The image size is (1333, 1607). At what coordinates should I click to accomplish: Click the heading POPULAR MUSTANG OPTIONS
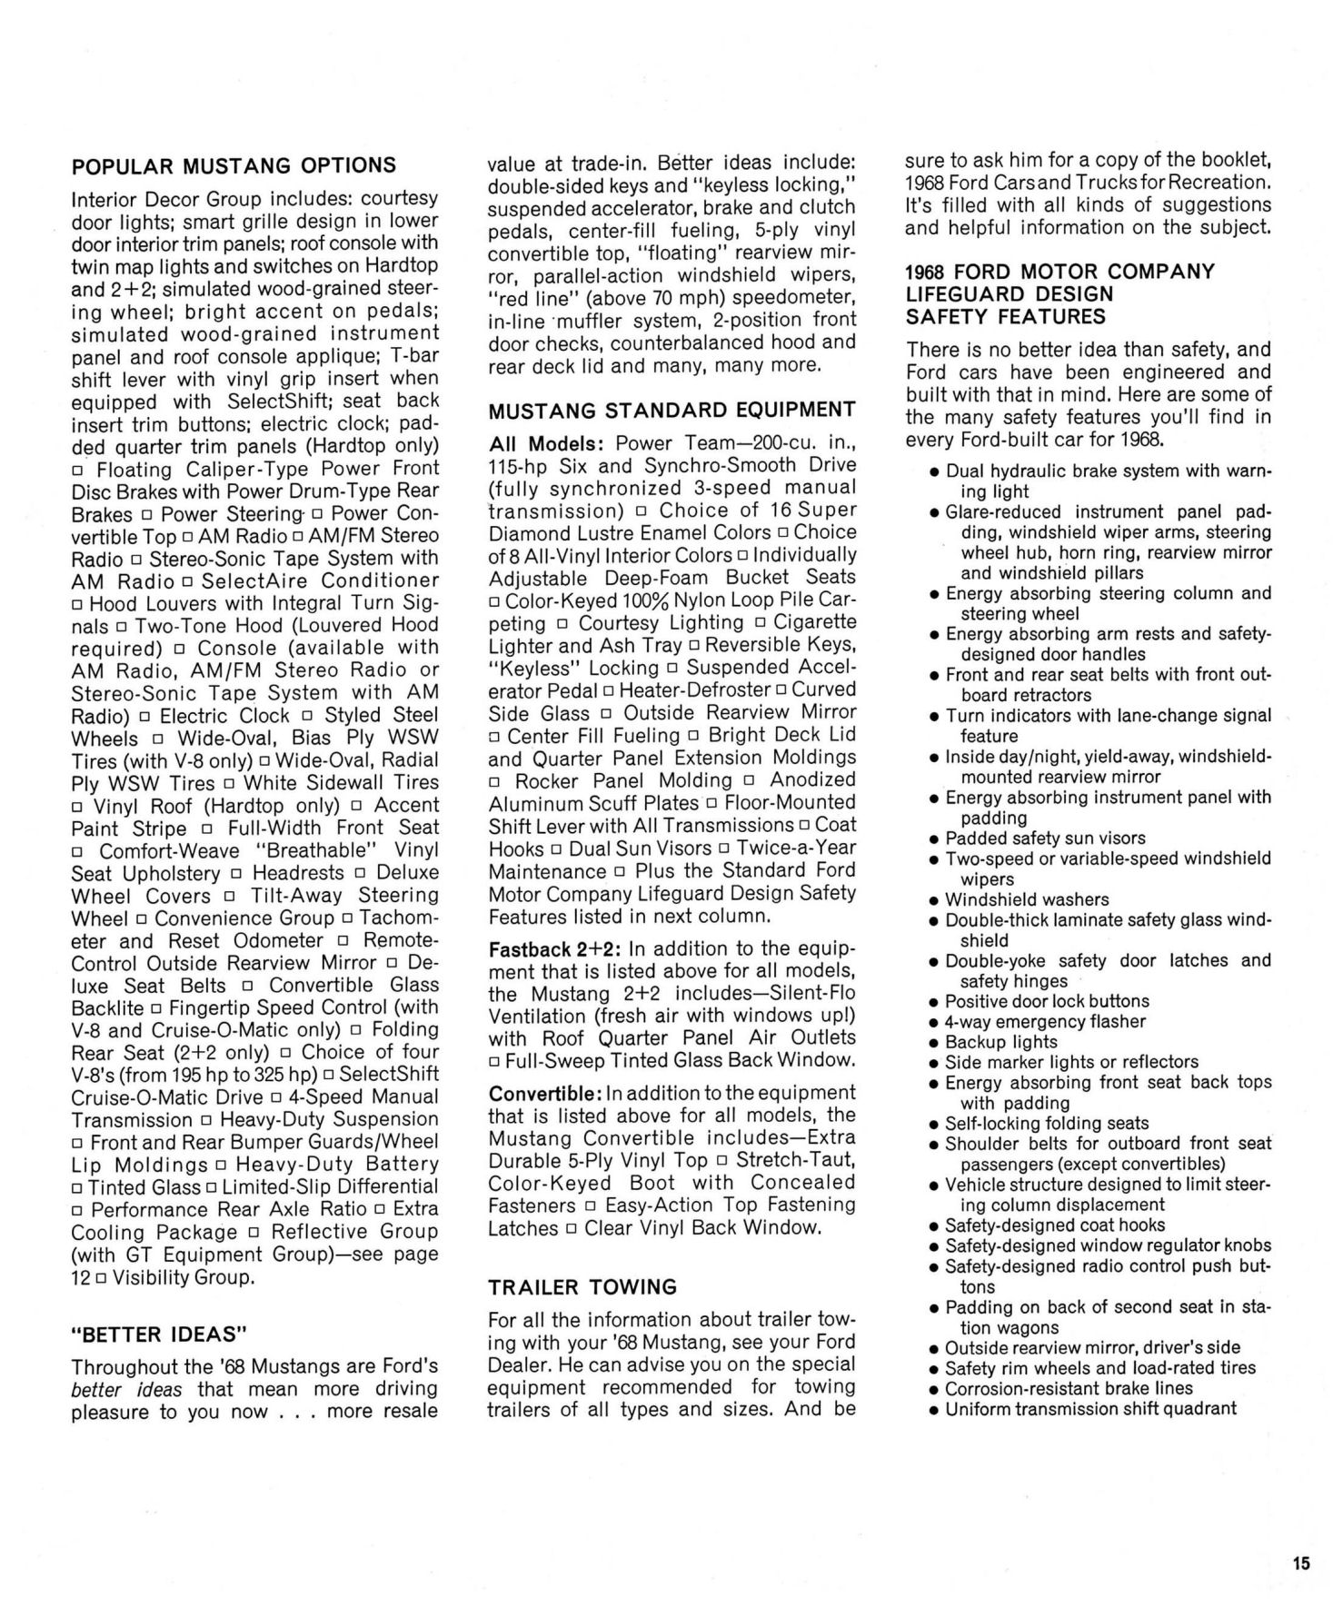(x=234, y=166)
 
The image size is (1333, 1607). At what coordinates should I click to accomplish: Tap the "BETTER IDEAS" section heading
(x=159, y=1334)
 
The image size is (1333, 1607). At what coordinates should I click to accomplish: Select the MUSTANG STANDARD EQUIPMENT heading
(x=671, y=411)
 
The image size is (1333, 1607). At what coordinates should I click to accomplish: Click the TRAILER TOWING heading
(x=582, y=1286)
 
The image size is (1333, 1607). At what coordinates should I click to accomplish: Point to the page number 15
(x=1300, y=1562)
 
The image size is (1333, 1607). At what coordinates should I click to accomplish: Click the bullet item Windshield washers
(x=1027, y=899)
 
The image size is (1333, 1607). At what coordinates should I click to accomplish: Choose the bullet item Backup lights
(x=1000, y=1042)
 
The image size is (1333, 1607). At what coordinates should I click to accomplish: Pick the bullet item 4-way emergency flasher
(x=1045, y=1021)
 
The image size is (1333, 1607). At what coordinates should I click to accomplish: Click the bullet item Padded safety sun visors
(x=1045, y=838)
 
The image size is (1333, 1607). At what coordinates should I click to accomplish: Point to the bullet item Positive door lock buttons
(x=1047, y=1001)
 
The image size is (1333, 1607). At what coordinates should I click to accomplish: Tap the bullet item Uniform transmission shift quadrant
(x=1090, y=1408)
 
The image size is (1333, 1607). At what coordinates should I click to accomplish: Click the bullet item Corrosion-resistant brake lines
(x=1069, y=1388)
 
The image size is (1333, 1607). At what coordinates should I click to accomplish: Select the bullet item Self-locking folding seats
(x=1047, y=1124)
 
